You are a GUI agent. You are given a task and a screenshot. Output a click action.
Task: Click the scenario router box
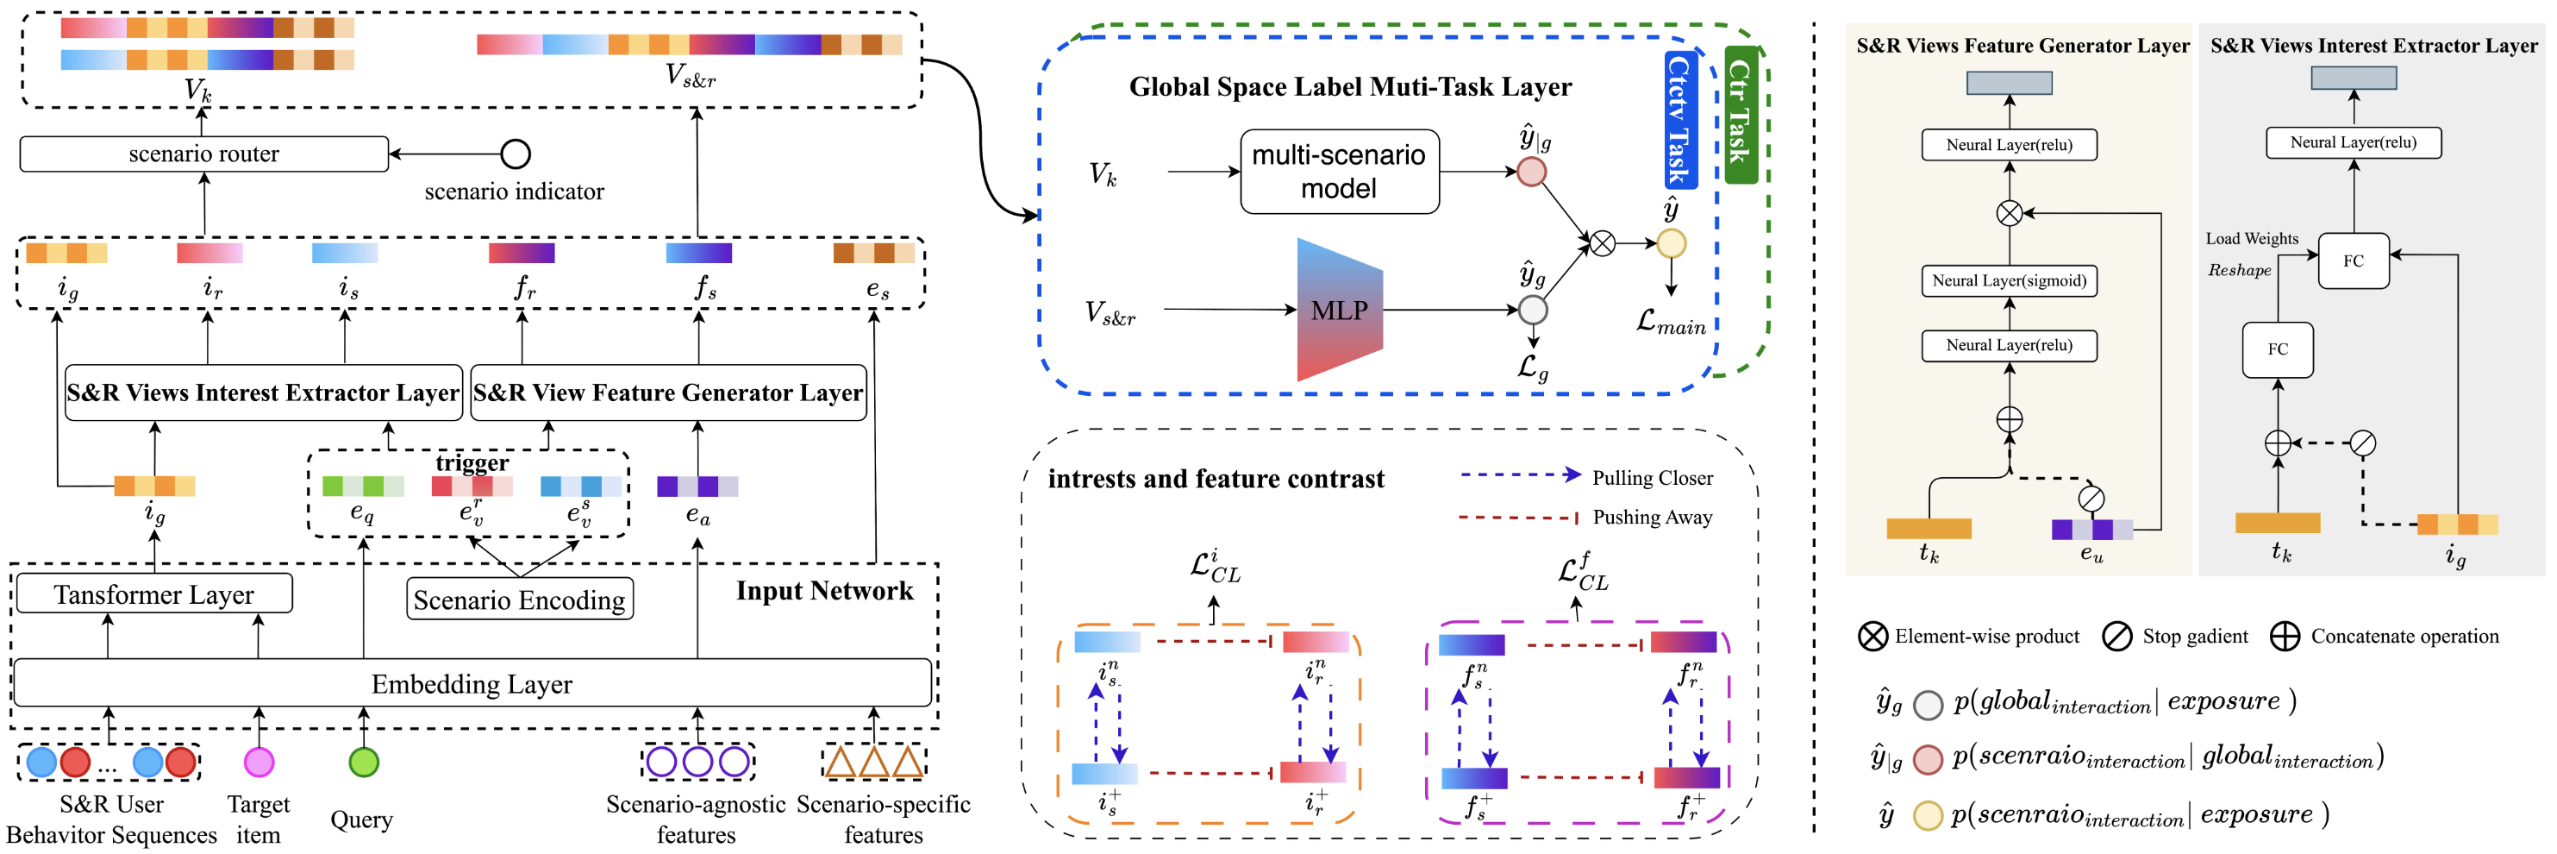click(x=203, y=154)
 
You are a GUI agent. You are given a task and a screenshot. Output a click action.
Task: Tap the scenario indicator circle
click(x=516, y=154)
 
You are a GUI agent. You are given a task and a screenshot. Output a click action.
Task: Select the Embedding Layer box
click(x=472, y=683)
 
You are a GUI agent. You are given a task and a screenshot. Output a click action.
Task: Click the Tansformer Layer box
click(x=153, y=593)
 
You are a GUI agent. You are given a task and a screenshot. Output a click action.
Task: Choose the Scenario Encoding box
click(x=519, y=599)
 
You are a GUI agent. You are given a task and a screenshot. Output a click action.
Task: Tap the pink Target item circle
click(x=259, y=762)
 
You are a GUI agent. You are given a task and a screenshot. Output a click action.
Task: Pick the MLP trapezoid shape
click(x=1339, y=310)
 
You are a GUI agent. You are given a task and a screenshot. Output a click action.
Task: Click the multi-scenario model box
click(x=1339, y=171)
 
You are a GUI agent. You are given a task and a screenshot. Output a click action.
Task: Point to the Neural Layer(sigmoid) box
click(x=2009, y=281)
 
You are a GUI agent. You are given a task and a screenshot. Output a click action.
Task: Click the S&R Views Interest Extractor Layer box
click(x=263, y=393)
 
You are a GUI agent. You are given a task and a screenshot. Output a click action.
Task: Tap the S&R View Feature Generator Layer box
click(x=668, y=393)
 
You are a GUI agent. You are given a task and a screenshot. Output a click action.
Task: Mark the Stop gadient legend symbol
click(x=2116, y=637)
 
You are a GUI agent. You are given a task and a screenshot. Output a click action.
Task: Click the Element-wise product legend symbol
click(x=1872, y=637)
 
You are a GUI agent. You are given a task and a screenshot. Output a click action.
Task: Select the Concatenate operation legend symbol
click(x=2284, y=637)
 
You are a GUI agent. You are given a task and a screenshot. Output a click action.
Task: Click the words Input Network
click(x=824, y=591)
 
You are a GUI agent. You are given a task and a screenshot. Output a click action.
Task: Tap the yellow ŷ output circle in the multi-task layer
click(x=1672, y=243)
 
